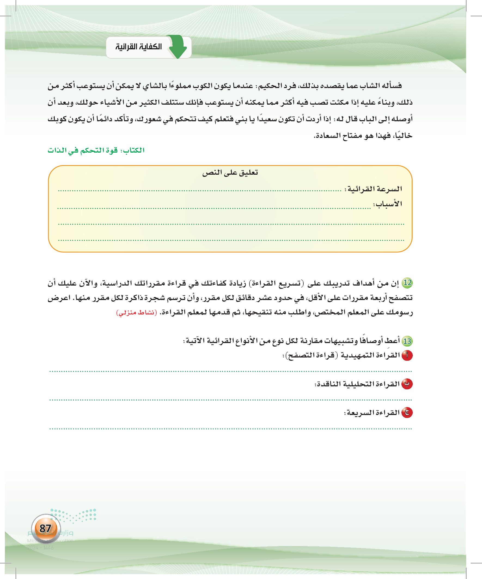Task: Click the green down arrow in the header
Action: coord(178,46)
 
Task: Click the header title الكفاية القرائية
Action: coord(138,47)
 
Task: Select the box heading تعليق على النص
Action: coord(230,173)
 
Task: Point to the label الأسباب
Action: coord(388,204)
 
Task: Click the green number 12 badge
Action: coord(407,283)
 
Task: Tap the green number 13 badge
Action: coord(407,341)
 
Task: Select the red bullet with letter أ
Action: coord(407,356)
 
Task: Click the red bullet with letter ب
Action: coord(407,384)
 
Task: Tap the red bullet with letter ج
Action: coord(407,413)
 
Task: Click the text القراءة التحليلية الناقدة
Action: coord(357,384)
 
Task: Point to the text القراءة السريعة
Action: coord(372,413)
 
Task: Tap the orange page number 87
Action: coord(45,528)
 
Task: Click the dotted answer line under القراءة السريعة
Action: coord(230,429)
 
